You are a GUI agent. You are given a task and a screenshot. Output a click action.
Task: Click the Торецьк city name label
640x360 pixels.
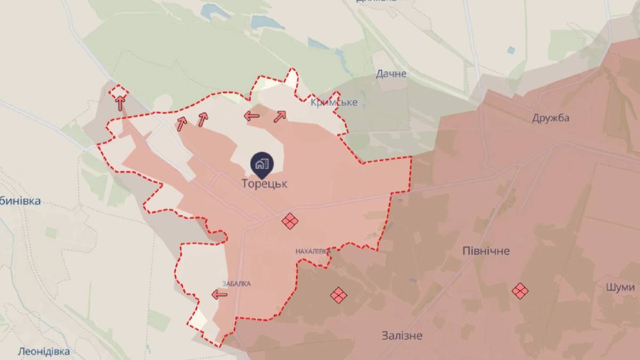click(265, 183)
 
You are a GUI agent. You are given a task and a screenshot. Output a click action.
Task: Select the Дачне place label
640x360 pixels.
click(391, 74)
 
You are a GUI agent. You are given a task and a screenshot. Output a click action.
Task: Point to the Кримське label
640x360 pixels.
click(334, 102)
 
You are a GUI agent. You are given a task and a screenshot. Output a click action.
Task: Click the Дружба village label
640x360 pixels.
click(550, 118)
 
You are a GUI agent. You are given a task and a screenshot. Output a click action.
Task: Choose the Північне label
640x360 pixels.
click(486, 251)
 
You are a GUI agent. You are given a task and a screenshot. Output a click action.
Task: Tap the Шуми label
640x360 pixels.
click(620, 286)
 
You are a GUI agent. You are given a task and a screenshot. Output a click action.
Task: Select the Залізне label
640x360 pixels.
click(402, 335)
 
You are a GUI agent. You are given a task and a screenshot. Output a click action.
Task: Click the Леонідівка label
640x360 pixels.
click(44, 352)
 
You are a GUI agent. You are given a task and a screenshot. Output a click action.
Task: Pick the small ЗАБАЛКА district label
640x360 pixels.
click(236, 284)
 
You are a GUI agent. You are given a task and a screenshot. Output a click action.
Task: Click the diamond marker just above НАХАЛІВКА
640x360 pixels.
click(290, 221)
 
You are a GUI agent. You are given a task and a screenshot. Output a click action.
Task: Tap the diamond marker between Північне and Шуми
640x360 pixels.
click(520, 291)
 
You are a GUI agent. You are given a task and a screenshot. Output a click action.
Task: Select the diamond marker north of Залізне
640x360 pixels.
click(338, 294)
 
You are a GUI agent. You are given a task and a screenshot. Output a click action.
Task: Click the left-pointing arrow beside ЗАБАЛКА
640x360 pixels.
click(219, 294)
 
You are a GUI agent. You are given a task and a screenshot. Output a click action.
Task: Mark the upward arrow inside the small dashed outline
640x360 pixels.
click(121, 101)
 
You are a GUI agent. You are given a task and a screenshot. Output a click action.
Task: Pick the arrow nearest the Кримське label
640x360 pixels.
click(279, 116)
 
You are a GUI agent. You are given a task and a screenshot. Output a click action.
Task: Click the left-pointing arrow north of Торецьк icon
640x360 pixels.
click(252, 116)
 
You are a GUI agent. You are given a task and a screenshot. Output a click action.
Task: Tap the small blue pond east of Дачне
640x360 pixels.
click(511, 50)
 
